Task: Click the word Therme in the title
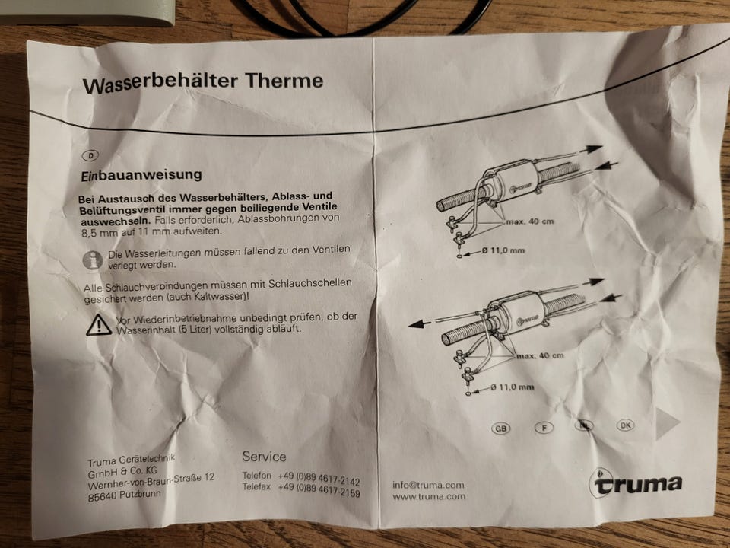point(284,80)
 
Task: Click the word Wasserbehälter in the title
point(160,83)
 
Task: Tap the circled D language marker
point(90,155)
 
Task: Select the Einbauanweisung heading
point(141,175)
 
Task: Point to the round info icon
point(93,260)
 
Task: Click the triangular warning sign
point(99,325)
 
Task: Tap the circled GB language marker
point(501,428)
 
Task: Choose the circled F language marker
point(544,427)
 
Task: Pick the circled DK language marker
point(625,425)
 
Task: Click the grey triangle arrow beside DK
point(666,424)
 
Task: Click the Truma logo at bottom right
point(636,483)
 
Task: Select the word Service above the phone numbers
point(264,457)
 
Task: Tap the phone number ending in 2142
point(319,479)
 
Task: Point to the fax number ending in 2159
point(319,489)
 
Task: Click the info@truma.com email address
point(428,485)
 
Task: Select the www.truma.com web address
point(429,496)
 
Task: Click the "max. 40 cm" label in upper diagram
point(530,221)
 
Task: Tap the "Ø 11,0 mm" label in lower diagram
point(512,387)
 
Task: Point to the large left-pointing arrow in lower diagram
point(421,324)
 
